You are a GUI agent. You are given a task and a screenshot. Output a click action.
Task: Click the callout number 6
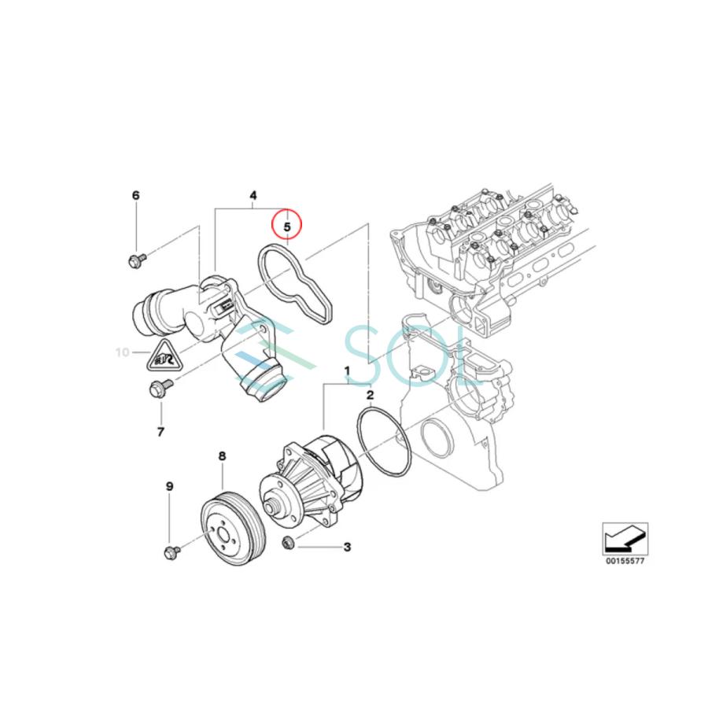(135, 195)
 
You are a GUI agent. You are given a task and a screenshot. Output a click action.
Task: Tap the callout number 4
(253, 195)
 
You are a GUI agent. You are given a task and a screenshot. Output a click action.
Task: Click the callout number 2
(370, 395)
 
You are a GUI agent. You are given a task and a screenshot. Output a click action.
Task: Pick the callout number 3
(346, 547)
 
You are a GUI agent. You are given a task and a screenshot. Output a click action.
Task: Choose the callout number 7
(160, 432)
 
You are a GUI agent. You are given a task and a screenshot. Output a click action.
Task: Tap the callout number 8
(222, 455)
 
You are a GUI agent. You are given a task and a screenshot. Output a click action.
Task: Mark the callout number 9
(168, 487)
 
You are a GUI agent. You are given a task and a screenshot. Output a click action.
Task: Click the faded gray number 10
(122, 352)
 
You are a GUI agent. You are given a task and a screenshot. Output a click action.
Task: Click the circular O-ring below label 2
(384, 442)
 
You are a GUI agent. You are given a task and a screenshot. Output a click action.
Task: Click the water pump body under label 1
(315, 480)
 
